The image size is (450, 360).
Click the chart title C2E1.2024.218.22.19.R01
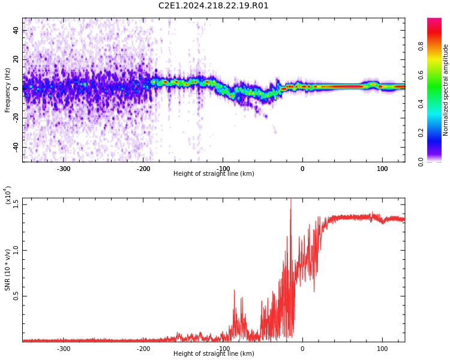tap(214, 6)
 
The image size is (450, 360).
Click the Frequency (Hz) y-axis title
tap(8, 90)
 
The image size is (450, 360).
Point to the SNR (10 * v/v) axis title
tap(8, 270)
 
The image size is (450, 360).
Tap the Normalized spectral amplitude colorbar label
tap(446, 90)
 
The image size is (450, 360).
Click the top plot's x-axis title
tap(214, 174)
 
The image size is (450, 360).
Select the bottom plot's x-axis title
tap(214, 354)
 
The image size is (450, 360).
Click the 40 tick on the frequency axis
tap(16, 30)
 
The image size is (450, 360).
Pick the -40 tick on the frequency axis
tap(14, 147)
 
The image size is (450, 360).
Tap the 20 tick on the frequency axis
tap(16, 59)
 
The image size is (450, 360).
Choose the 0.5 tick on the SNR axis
tap(16, 296)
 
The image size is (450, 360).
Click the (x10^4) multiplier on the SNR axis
tap(8, 196)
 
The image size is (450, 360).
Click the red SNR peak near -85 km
tap(234, 290)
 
